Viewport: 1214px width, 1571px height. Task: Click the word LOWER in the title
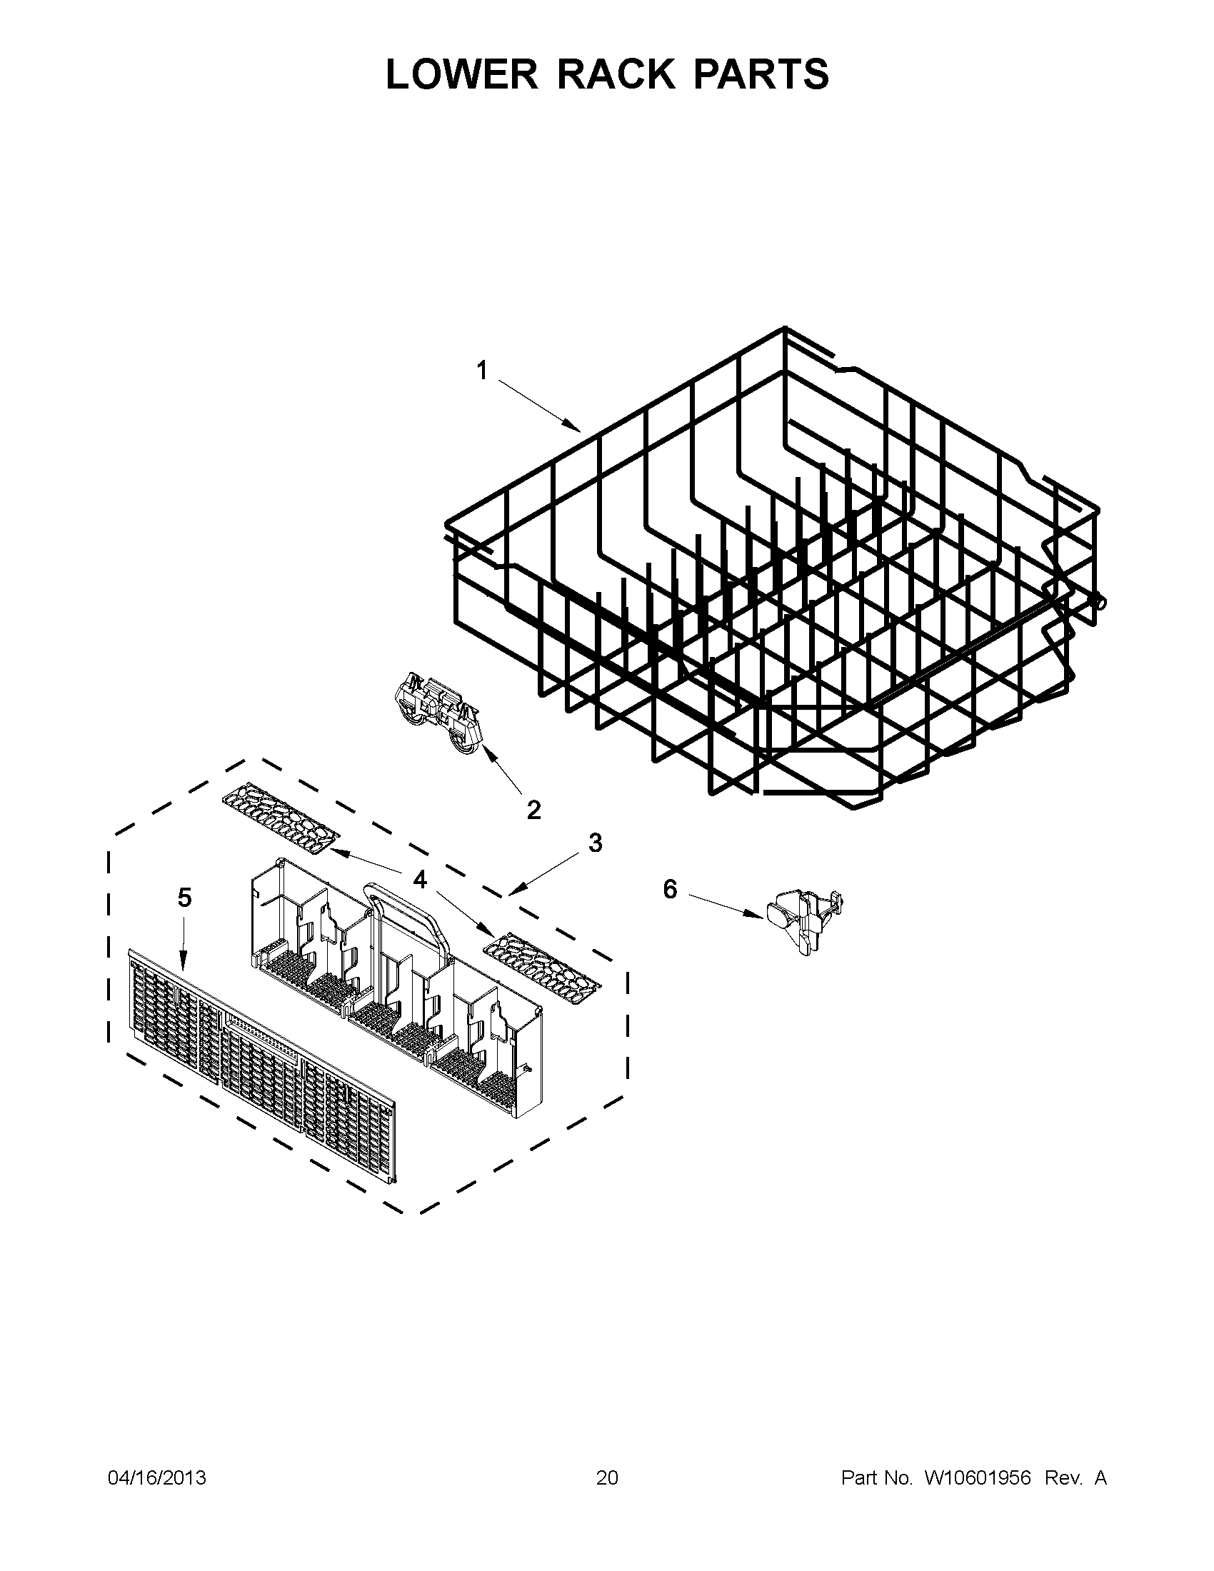point(461,74)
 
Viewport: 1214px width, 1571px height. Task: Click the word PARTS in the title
point(761,74)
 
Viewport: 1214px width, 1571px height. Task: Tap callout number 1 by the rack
point(482,371)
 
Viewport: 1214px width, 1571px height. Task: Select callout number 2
point(533,810)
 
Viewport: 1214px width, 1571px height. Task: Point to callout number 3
point(595,843)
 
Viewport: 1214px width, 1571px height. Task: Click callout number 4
point(420,879)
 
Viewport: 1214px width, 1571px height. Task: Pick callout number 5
point(185,898)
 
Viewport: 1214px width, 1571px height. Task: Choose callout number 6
point(670,890)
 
